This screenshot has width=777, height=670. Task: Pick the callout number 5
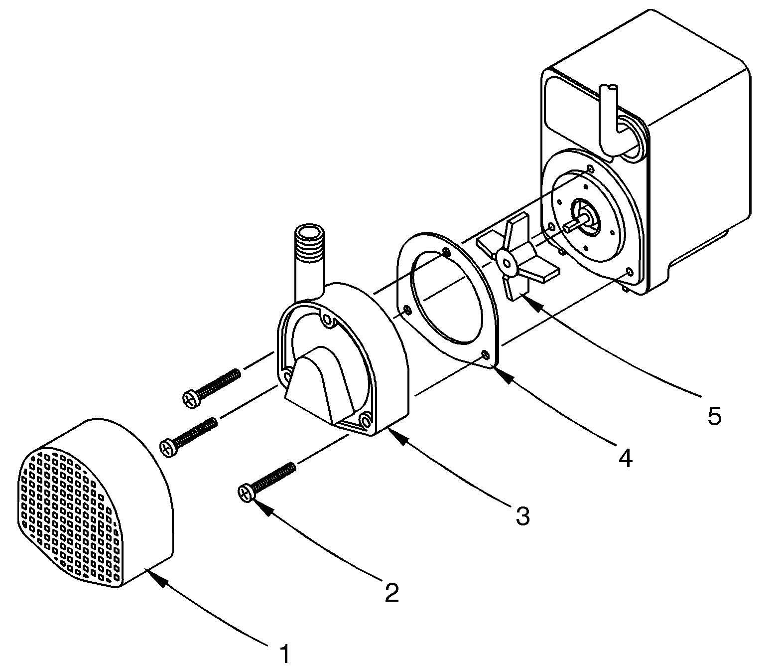[x=714, y=415]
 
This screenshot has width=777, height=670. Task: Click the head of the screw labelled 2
[x=246, y=492]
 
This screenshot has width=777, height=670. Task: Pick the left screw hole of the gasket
[x=408, y=311]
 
